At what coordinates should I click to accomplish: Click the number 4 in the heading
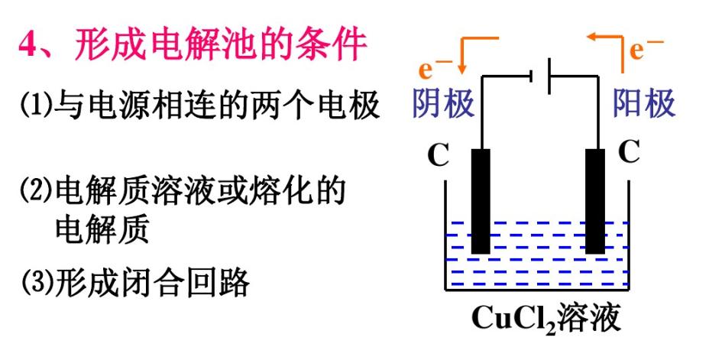[30, 47]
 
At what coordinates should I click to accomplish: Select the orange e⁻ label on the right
[646, 49]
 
